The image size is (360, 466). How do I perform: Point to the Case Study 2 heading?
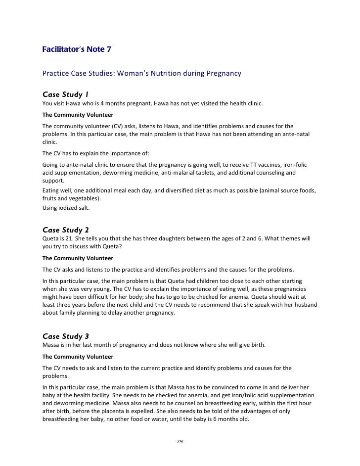pos(66,230)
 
